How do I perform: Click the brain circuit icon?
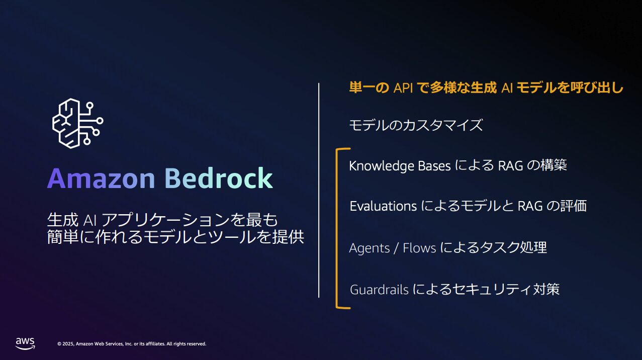(x=77, y=123)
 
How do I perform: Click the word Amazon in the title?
(x=101, y=178)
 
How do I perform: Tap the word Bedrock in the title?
(x=219, y=178)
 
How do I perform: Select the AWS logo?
(x=25, y=343)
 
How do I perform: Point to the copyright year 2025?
(x=68, y=344)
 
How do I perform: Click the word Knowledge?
(x=382, y=166)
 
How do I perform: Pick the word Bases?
(x=434, y=166)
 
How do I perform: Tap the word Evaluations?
(x=383, y=206)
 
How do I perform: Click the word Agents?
(x=370, y=248)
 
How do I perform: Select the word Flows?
(x=419, y=248)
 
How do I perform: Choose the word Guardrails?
(x=379, y=290)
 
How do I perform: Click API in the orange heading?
(x=403, y=87)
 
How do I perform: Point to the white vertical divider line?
(x=319, y=191)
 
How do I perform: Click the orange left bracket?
(x=336, y=228)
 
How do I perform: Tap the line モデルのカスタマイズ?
(x=416, y=125)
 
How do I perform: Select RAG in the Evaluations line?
(x=530, y=206)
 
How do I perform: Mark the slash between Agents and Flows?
(x=396, y=248)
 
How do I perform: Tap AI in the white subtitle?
(x=89, y=221)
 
